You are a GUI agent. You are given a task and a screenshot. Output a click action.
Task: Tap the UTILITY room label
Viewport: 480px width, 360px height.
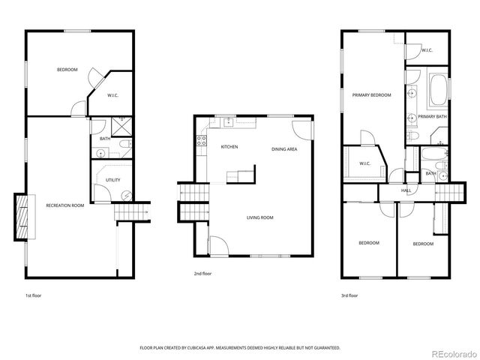click(x=112, y=180)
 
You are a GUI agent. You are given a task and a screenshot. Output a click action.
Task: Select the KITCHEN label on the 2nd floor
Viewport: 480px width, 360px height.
click(x=229, y=147)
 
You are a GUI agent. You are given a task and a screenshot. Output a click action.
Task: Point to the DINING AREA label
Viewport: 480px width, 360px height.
click(x=284, y=149)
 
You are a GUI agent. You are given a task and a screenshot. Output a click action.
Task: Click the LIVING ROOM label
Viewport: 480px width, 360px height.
click(x=260, y=218)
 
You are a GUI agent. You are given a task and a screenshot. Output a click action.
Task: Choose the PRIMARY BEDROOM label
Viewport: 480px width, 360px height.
click(x=372, y=95)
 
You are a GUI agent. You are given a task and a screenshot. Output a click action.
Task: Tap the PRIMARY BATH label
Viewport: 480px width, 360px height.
click(x=432, y=117)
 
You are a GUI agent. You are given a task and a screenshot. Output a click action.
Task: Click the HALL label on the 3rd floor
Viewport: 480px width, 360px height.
click(x=406, y=190)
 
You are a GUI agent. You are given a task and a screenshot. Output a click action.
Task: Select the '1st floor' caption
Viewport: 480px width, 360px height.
click(x=33, y=295)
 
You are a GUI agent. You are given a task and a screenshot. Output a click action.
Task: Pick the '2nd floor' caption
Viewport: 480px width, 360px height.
click(x=202, y=274)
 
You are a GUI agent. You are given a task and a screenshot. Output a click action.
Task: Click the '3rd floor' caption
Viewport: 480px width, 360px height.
click(x=349, y=295)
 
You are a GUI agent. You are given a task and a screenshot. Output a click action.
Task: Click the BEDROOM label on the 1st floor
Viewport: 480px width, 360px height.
click(x=67, y=70)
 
